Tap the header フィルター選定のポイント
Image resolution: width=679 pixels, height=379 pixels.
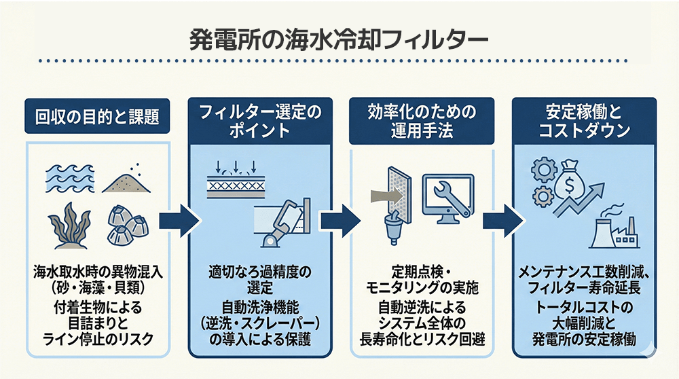click(x=258, y=120)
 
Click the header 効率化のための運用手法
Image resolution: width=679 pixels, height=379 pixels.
click(x=420, y=120)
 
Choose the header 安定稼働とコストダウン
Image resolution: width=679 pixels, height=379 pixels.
click(x=583, y=120)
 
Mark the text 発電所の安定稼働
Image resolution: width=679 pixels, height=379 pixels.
click(x=583, y=338)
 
